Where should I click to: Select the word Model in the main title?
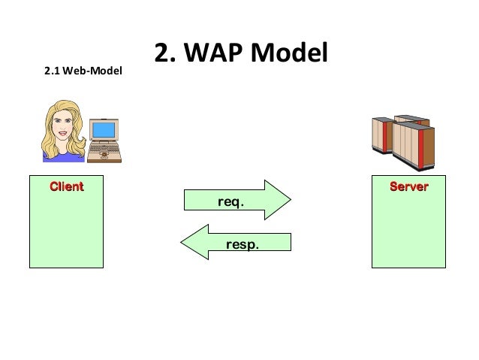tap(291, 53)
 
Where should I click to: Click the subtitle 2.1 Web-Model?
tap(83, 72)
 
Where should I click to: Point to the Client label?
tap(66, 186)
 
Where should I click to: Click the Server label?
tap(408, 186)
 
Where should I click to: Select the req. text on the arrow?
tap(230, 202)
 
